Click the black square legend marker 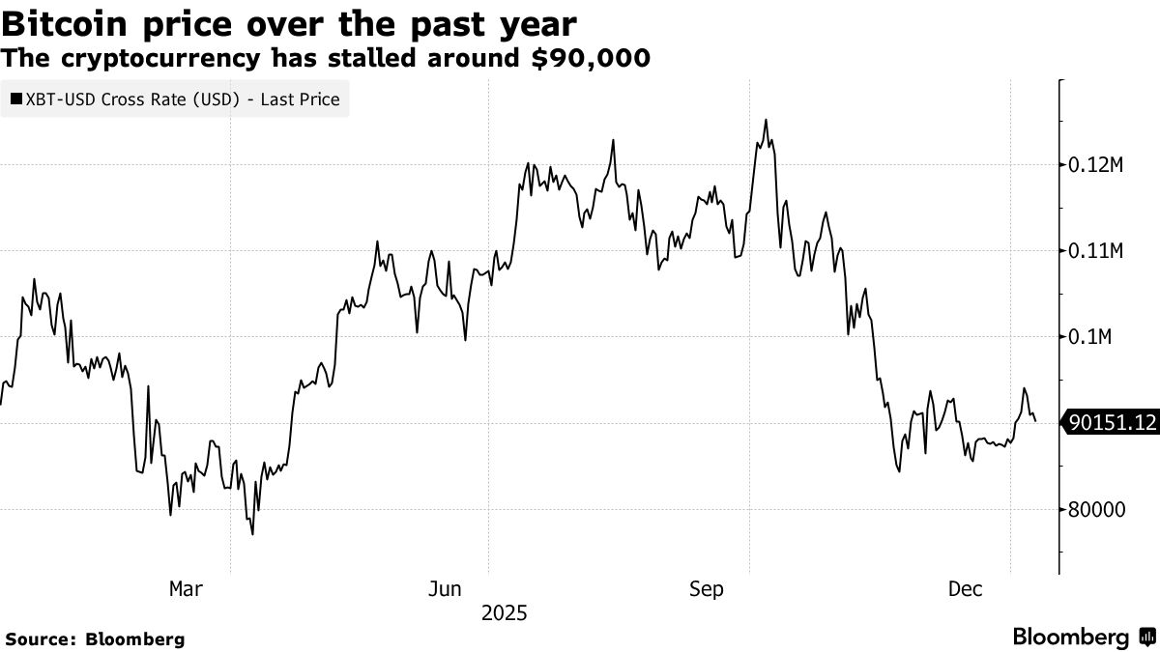tap(16, 99)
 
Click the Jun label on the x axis tap(445, 589)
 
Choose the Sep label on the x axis tap(706, 589)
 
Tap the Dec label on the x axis tap(966, 589)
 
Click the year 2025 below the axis tap(504, 613)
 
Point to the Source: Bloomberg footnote tap(95, 639)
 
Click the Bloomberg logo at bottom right tap(1083, 638)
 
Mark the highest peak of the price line tap(766, 120)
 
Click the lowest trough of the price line tap(253, 534)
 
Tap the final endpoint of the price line tap(1035, 421)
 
